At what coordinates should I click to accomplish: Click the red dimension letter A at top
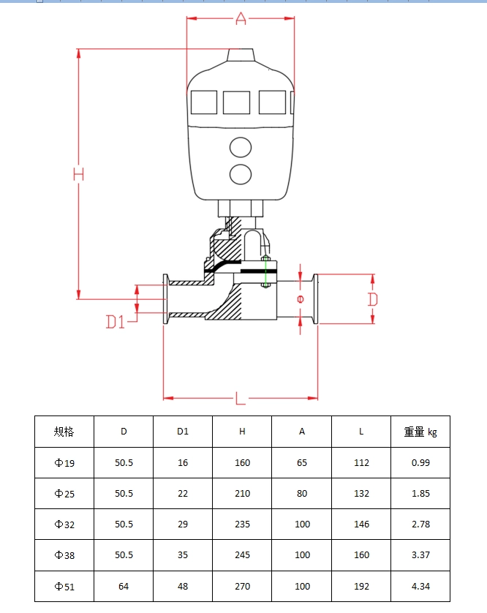(241, 19)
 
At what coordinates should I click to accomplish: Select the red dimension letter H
(78, 174)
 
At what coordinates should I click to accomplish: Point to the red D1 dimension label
(116, 321)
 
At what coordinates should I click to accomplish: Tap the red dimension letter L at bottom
(240, 399)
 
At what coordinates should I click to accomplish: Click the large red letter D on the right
(372, 299)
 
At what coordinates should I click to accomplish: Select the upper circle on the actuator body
(240, 147)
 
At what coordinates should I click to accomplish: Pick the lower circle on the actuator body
(240, 174)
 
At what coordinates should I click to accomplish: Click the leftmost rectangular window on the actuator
(204, 102)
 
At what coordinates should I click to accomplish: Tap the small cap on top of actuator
(241, 56)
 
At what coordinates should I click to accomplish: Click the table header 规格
(64, 432)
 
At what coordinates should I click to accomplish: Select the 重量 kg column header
(420, 432)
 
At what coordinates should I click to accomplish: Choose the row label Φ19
(64, 463)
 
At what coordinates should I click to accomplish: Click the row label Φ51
(64, 586)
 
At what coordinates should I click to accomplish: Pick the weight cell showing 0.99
(420, 462)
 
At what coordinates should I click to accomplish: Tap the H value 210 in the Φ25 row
(242, 493)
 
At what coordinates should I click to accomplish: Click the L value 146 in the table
(361, 524)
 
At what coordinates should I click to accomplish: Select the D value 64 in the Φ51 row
(124, 586)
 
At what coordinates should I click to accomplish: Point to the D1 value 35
(183, 555)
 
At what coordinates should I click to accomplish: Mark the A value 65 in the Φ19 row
(302, 462)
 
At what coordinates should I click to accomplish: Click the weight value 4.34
(420, 586)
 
